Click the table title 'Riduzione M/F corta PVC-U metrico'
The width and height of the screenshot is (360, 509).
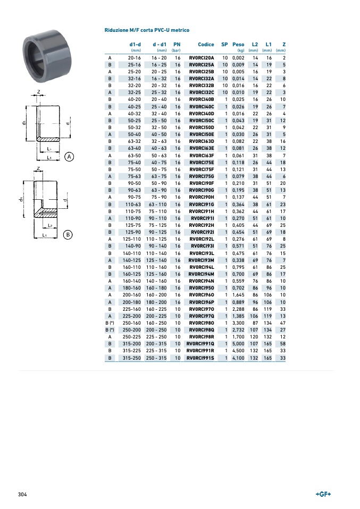point(147,30)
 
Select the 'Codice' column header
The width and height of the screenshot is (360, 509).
point(206,45)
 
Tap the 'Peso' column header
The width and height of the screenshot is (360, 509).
point(238,45)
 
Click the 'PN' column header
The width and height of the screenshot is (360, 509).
point(177,45)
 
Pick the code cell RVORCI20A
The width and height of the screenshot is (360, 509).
point(202,58)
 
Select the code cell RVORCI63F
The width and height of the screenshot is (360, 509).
point(202,156)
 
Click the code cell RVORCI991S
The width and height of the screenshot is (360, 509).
point(200,358)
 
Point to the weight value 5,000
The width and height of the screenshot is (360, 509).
point(238,344)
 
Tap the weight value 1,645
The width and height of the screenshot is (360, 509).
point(238,295)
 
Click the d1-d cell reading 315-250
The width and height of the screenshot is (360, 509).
point(131,358)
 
